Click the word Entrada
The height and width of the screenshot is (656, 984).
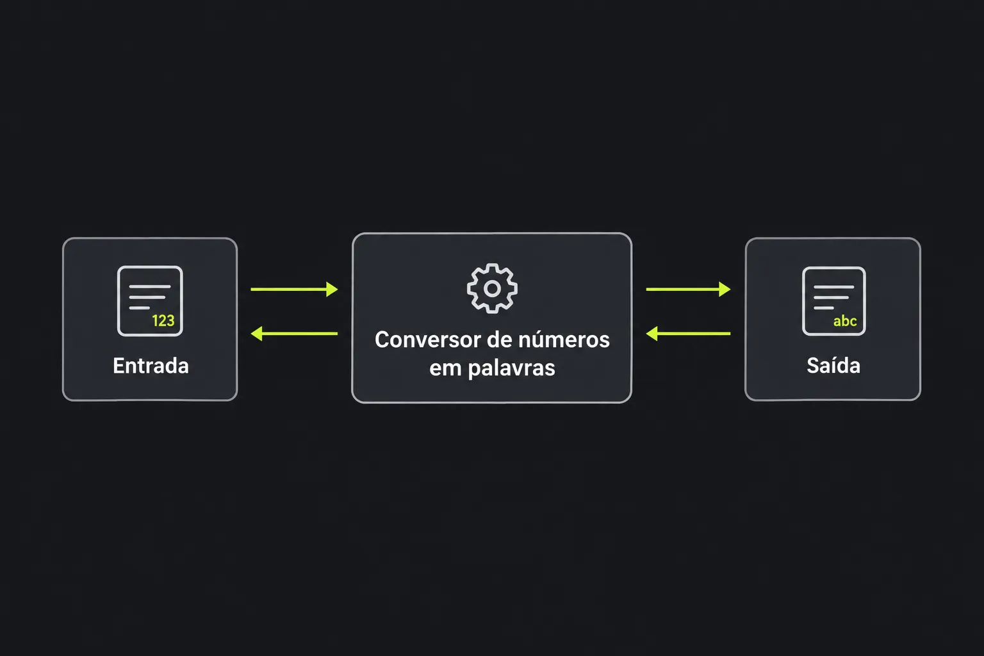[151, 366]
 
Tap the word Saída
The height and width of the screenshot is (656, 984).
[833, 365]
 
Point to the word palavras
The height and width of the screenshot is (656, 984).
[511, 368]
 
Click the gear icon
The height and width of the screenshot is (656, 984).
[492, 288]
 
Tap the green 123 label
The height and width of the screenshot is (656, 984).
[163, 321]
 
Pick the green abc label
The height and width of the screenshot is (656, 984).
[845, 321]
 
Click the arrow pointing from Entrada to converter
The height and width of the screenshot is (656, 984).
[294, 289]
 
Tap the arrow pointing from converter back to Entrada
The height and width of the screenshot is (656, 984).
[294, 334]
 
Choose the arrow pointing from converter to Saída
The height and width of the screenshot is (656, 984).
[689, 289]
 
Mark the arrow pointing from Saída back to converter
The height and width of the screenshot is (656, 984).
[689, 334]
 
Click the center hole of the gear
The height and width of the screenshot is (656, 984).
[492, 289]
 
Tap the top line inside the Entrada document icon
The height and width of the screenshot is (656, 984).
[150, 286]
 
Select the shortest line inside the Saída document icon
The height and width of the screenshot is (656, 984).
[824, 308]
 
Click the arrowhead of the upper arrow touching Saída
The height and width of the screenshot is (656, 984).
[725, 289]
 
